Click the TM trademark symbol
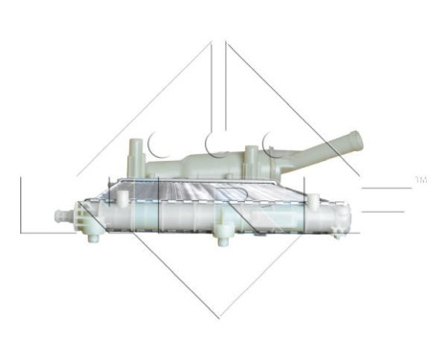[x=421, y=178]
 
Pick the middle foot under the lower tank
[x=221, y=233]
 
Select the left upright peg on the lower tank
[x=124, y=196]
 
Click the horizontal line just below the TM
[x=388, y=188]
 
